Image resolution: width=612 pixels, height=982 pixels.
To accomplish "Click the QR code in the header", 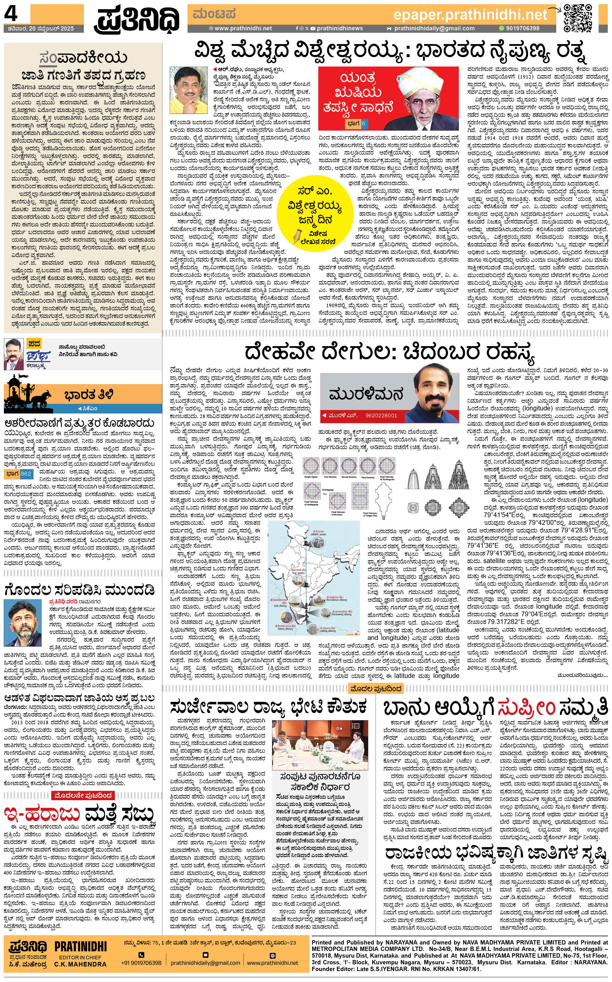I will tap(578, 18).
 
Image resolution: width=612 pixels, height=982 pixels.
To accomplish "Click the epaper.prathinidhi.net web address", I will tap(470, 15).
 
